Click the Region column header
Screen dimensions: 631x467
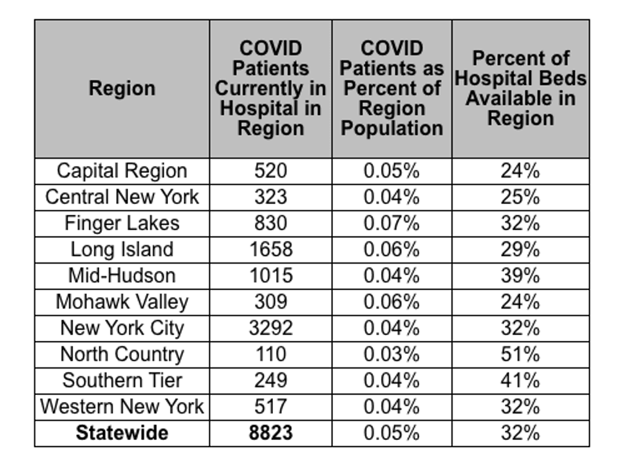tap(122, 88)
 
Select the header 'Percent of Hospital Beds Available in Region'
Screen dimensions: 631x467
tap(521, 88)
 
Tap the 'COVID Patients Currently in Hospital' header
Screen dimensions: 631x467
tap(270, 88)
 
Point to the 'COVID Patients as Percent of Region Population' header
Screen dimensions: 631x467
tap(391, 88)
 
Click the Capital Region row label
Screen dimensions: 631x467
tap(122, 171)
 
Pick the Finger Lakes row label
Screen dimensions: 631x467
tap(122, 223)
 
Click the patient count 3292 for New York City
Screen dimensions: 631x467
tap(270, 328)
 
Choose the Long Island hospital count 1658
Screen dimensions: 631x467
tap(270, 250)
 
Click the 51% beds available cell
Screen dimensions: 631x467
tap(520, 354)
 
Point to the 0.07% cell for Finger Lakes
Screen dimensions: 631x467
tap(391, 223)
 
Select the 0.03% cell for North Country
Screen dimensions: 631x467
tap(391, 354)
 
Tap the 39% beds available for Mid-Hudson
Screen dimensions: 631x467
tap(520, 276)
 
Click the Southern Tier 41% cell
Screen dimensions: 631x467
tap(520, 381)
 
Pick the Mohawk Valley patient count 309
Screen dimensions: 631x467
tap(270, 302)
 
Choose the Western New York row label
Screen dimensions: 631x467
tap(122, 407)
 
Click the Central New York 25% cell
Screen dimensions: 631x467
tap(520, 197)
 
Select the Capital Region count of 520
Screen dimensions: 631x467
tap(270, 171)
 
